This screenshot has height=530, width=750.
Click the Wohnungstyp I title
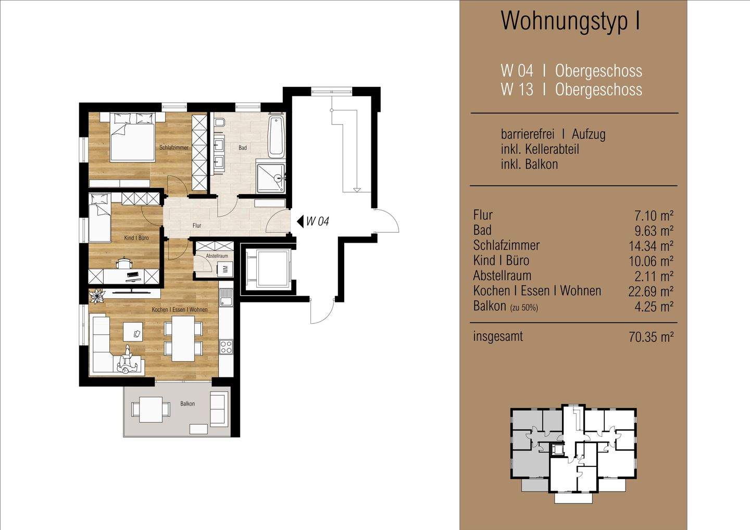coord(570,21)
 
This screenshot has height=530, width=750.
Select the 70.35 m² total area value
coord(651,337)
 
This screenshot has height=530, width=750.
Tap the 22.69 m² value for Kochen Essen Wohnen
coord(651,292)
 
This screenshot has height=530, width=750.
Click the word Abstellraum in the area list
coord(502,276)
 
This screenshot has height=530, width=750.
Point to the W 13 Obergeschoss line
coord(571,90)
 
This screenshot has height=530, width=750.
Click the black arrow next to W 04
coord(300,221)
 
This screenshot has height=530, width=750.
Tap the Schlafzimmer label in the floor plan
coord(174,148)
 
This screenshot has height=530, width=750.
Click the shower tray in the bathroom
coord(271,179)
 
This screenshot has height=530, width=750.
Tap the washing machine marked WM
coord(226,269)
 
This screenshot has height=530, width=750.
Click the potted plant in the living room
coord(97,296)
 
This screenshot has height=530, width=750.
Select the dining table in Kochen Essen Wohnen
coord(183,338)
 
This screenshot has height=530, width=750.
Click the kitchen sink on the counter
coord(226,300)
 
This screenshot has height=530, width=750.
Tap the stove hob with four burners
coord(226,346)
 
